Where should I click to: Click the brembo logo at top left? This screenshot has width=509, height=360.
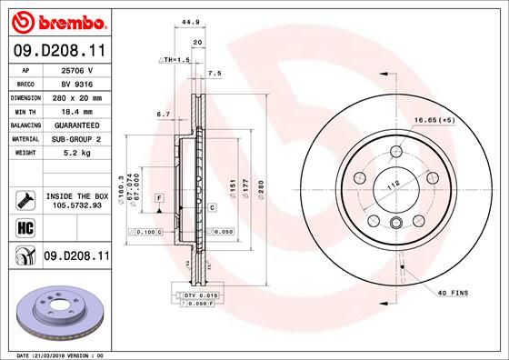click(57, 20)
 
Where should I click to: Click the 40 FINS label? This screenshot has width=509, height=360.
click(452, 292)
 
